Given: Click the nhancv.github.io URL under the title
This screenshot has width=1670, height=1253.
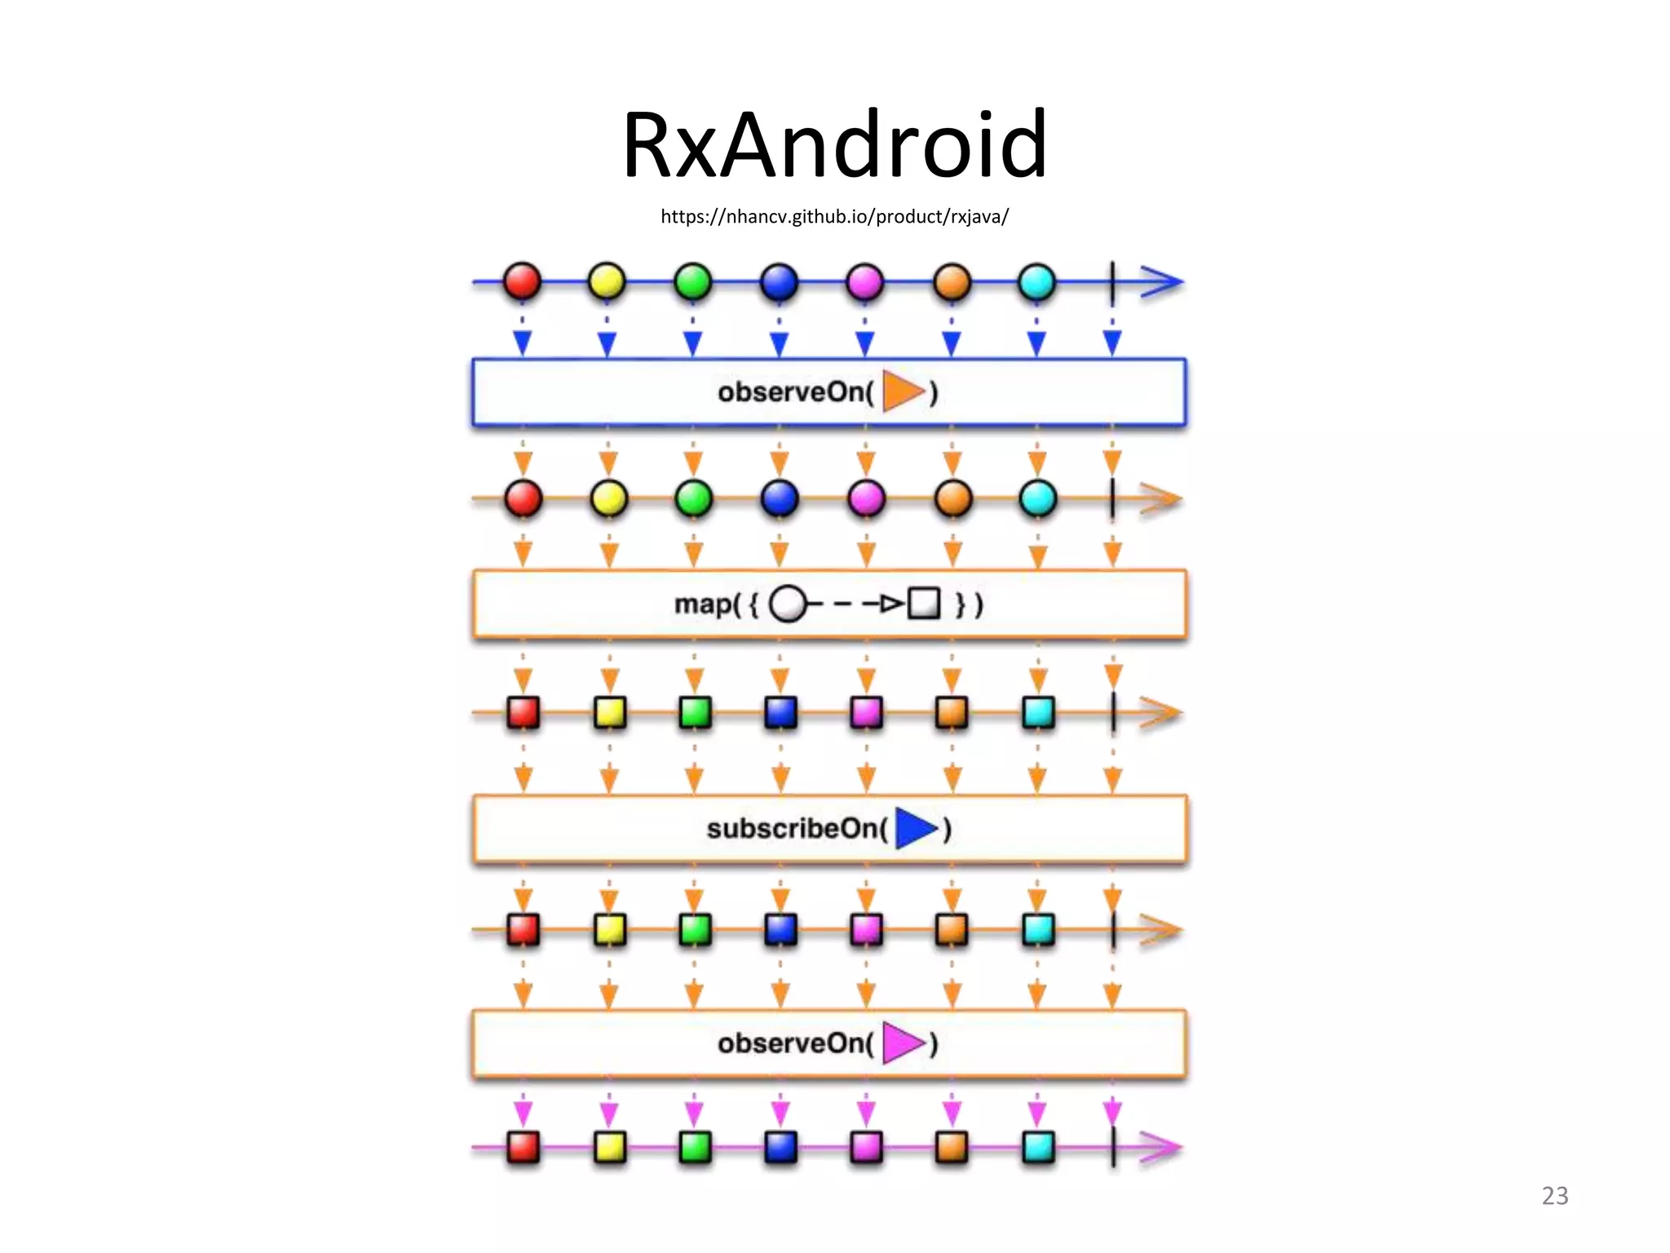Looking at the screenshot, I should click(834, 216).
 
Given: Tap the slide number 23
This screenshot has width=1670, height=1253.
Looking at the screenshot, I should click(1554, 1195).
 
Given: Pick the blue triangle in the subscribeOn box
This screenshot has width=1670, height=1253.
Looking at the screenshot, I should click(915, 828).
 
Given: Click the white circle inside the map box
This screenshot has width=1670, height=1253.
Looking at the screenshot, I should click(787, 604).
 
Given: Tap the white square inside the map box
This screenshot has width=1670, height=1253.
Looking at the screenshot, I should click(924, 604).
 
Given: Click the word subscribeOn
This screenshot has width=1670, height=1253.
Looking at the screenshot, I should click(795, 829).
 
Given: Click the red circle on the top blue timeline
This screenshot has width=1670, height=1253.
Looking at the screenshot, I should click(522, 281).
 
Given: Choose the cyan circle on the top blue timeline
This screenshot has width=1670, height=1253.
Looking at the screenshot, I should click(1037, 282).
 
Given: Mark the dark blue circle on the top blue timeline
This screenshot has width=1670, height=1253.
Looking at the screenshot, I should click(779, 282).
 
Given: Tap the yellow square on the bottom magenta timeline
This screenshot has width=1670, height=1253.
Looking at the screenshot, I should click(609, 1147).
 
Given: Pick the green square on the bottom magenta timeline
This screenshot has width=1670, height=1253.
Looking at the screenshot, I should click(695, 1147).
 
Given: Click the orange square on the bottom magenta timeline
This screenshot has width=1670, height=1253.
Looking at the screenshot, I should click(952, 1147).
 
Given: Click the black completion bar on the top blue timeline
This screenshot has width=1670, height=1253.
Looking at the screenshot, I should click(1112, 283).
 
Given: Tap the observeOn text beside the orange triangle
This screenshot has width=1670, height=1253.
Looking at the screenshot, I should click(795, 392).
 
